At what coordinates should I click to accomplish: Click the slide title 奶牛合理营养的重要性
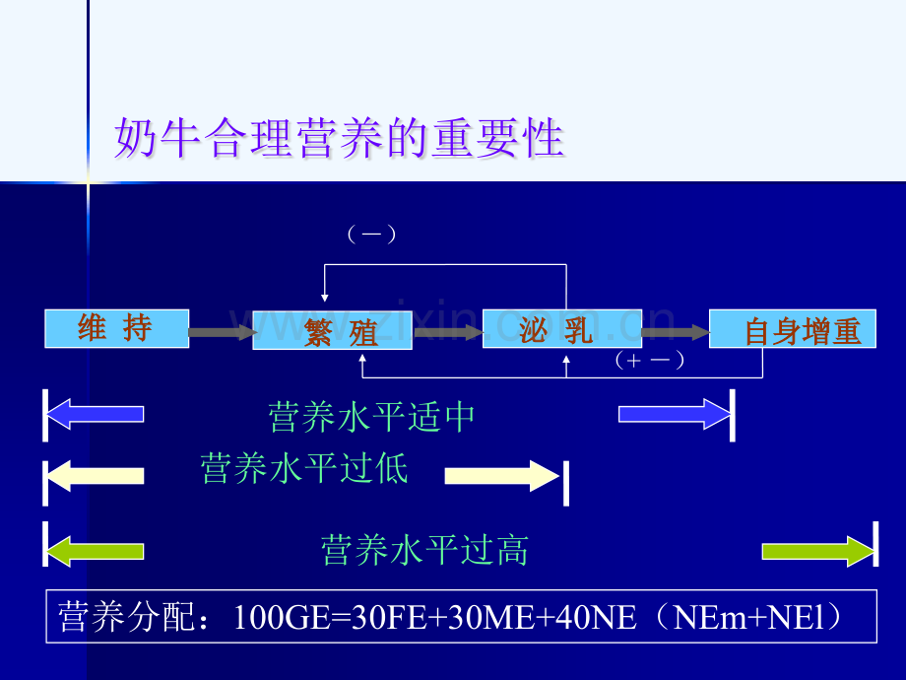(339, 138)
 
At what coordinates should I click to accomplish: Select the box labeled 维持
(117, 328)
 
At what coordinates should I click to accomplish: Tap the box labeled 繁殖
(332, 330)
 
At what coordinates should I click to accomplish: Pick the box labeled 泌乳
(562, 328)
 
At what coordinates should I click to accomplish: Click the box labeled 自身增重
(793, 328)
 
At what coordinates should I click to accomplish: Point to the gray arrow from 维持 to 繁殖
(222, 332)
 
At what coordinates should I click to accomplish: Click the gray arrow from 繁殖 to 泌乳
(448, 332)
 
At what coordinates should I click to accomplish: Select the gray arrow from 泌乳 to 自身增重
(676, 332)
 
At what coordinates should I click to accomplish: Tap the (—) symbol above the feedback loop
(371, 235)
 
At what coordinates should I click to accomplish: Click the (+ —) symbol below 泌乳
(649, 360)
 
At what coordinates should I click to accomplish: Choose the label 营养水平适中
(371, 417)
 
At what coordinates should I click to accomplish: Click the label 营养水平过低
(304, 468)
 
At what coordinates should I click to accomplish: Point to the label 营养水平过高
(424, 549)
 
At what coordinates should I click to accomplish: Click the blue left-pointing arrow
(96, 414)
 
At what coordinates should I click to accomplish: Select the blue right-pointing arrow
(675, 414)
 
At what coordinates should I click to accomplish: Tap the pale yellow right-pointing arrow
(501, 476)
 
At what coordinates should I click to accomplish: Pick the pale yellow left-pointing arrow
(96, 476)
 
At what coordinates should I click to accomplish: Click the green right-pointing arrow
(817, 551)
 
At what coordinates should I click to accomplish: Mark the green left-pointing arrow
(96, 551)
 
